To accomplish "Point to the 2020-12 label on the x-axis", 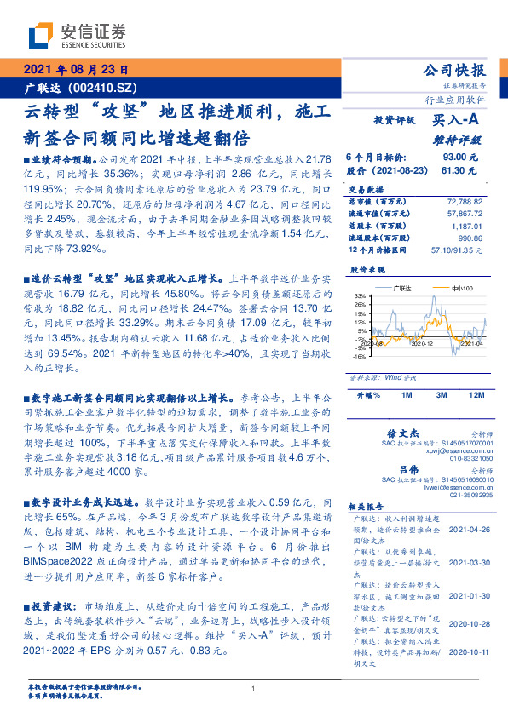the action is [424, 343].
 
